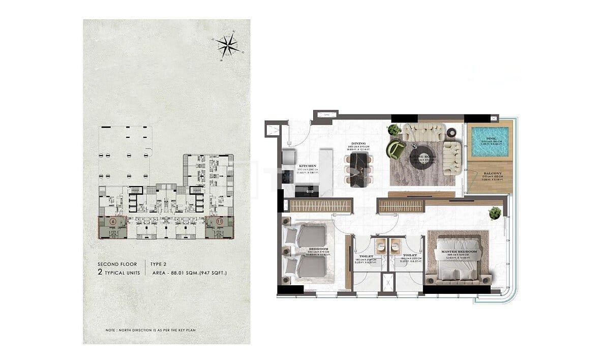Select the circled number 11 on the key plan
point(220,222)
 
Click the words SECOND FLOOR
point(117,264)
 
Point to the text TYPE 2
point(159,264)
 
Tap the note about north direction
point(151,331)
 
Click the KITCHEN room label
point(308,166)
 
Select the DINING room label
point(358,144)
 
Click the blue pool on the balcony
point(490,142)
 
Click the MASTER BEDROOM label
point(459,252)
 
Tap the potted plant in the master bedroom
point(495,213)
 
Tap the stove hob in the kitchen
point(288,176)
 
